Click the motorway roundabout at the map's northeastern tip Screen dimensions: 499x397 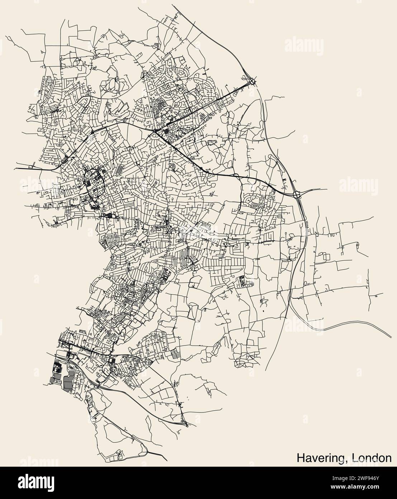[253, 81]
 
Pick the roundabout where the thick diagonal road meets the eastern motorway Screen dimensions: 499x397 [297, 194]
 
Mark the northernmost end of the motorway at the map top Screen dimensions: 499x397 [172, 5]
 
